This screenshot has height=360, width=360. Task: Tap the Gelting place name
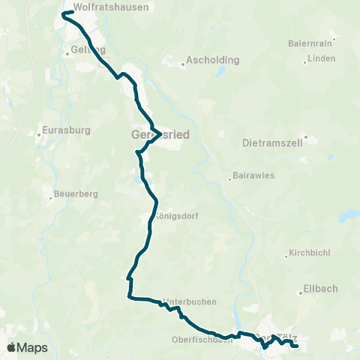point(85,49)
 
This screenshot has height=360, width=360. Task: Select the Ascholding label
point(212,59)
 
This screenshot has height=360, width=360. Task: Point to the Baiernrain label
point(310,43)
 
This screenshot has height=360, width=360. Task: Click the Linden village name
point(321,58)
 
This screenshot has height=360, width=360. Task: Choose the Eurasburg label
point(67,130)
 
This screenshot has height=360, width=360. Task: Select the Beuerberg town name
point(77,193)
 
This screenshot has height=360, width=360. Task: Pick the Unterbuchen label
point(190,301)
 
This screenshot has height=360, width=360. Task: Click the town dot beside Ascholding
point(184,64)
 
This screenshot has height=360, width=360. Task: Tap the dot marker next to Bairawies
point(229,178)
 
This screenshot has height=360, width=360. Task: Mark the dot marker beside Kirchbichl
point(286,257)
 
